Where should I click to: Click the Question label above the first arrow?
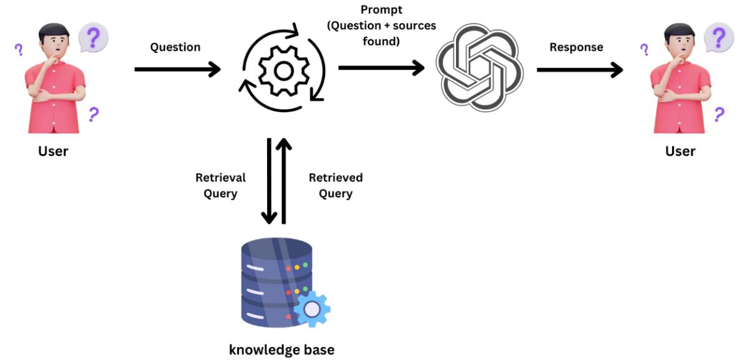tap(175, 47)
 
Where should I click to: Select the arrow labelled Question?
tap(178, 69)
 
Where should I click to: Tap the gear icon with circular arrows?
tap(284, 70)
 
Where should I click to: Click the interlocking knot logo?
tap(478, 69)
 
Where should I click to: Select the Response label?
tap(576, 47)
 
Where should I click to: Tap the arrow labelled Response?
tap(580, 69)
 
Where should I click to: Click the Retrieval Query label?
tap(221, 185)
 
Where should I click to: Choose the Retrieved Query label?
tap(336, 185)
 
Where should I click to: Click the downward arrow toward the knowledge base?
tap(270, 181)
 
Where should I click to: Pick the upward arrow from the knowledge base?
tap(284, 181)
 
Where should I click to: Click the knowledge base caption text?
tap(281, 349)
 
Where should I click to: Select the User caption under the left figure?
tap(54, 151)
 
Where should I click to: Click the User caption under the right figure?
tap(680, 151)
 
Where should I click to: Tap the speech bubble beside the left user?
tap(94, 37)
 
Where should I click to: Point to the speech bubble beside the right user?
tap(719, 37)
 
